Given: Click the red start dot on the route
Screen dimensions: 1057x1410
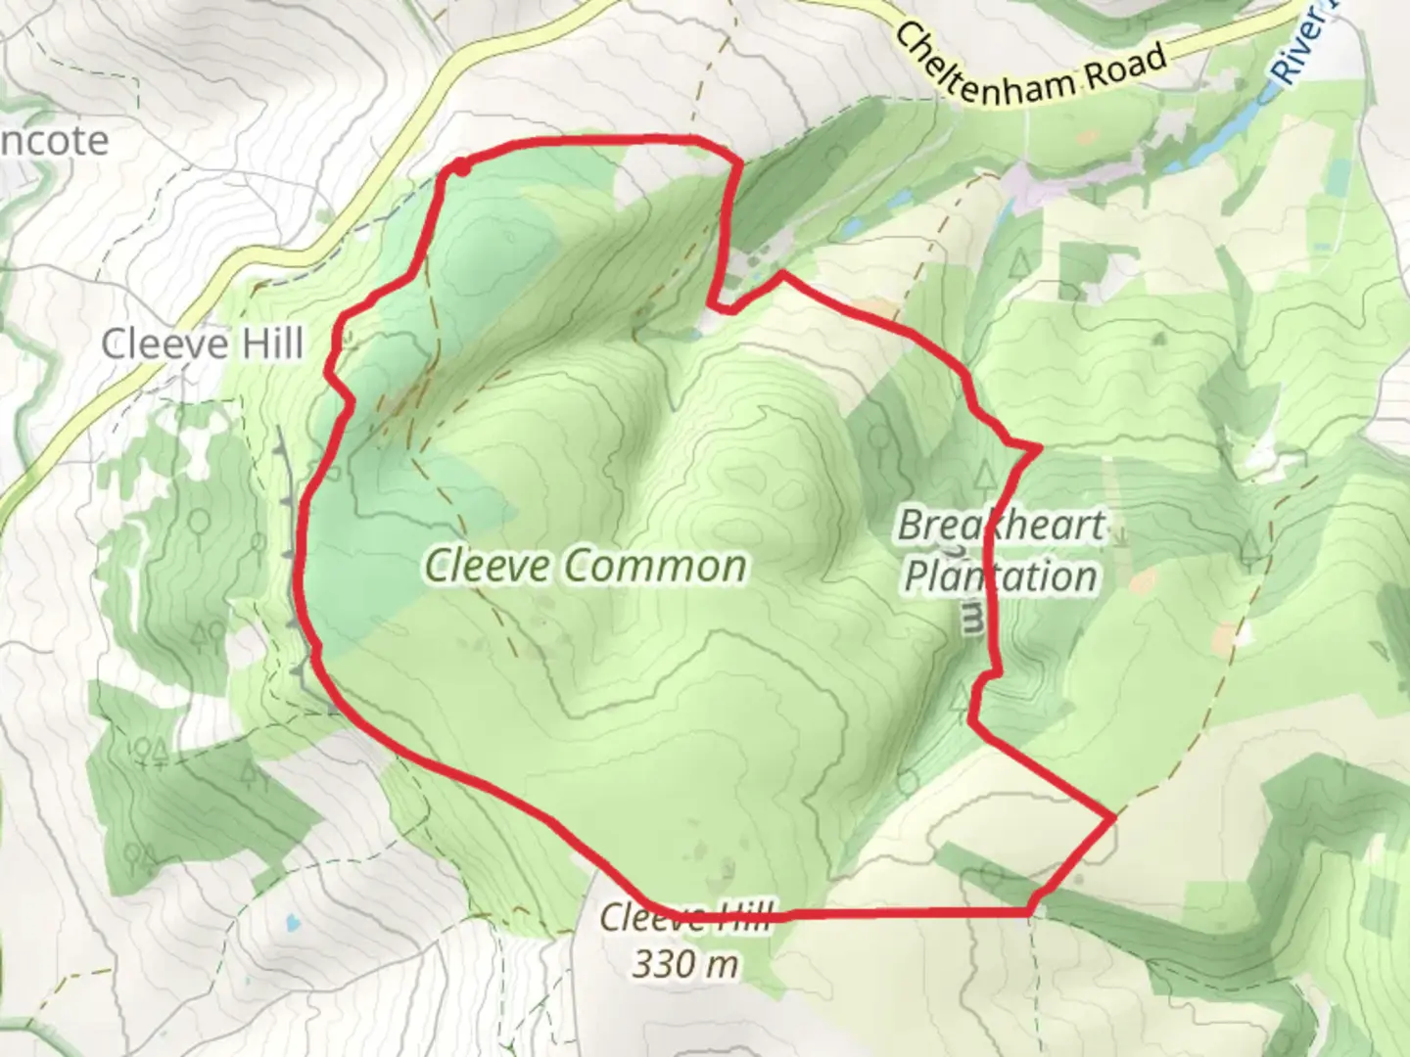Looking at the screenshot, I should [461, 168].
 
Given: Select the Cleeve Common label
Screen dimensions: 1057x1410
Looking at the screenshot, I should [586, 567].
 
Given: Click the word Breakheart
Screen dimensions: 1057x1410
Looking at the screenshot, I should [1001, 527].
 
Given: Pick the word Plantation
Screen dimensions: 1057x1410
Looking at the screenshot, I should [1000, 576].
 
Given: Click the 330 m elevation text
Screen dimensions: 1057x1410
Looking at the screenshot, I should [684, 964].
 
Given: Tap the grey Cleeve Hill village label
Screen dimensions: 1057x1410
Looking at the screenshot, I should [203, 344].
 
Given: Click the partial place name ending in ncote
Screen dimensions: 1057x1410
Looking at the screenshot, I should [54, 141].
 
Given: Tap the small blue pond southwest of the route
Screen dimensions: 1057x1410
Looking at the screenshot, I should [292, 922].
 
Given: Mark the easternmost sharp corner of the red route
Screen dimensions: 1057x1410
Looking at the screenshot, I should [1114, 815].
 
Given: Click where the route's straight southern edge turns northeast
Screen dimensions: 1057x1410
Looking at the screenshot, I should [1031, 912].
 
